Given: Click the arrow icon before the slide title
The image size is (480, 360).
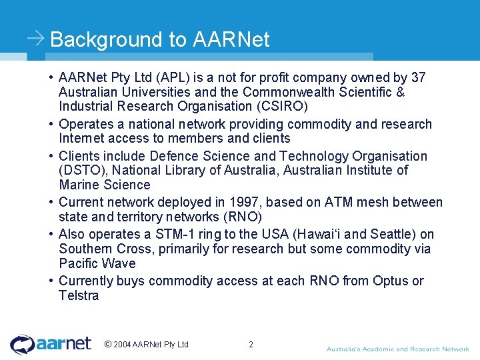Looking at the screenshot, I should click(36, 38).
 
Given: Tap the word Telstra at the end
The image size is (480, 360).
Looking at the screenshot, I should click(79, 295).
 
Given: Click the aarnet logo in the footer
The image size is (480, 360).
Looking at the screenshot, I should click(51, 344).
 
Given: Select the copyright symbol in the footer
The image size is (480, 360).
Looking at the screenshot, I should click(108, 345).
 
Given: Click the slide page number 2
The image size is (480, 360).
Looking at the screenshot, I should click(251, 345).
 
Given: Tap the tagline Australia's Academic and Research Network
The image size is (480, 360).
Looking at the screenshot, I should click(397, 349).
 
